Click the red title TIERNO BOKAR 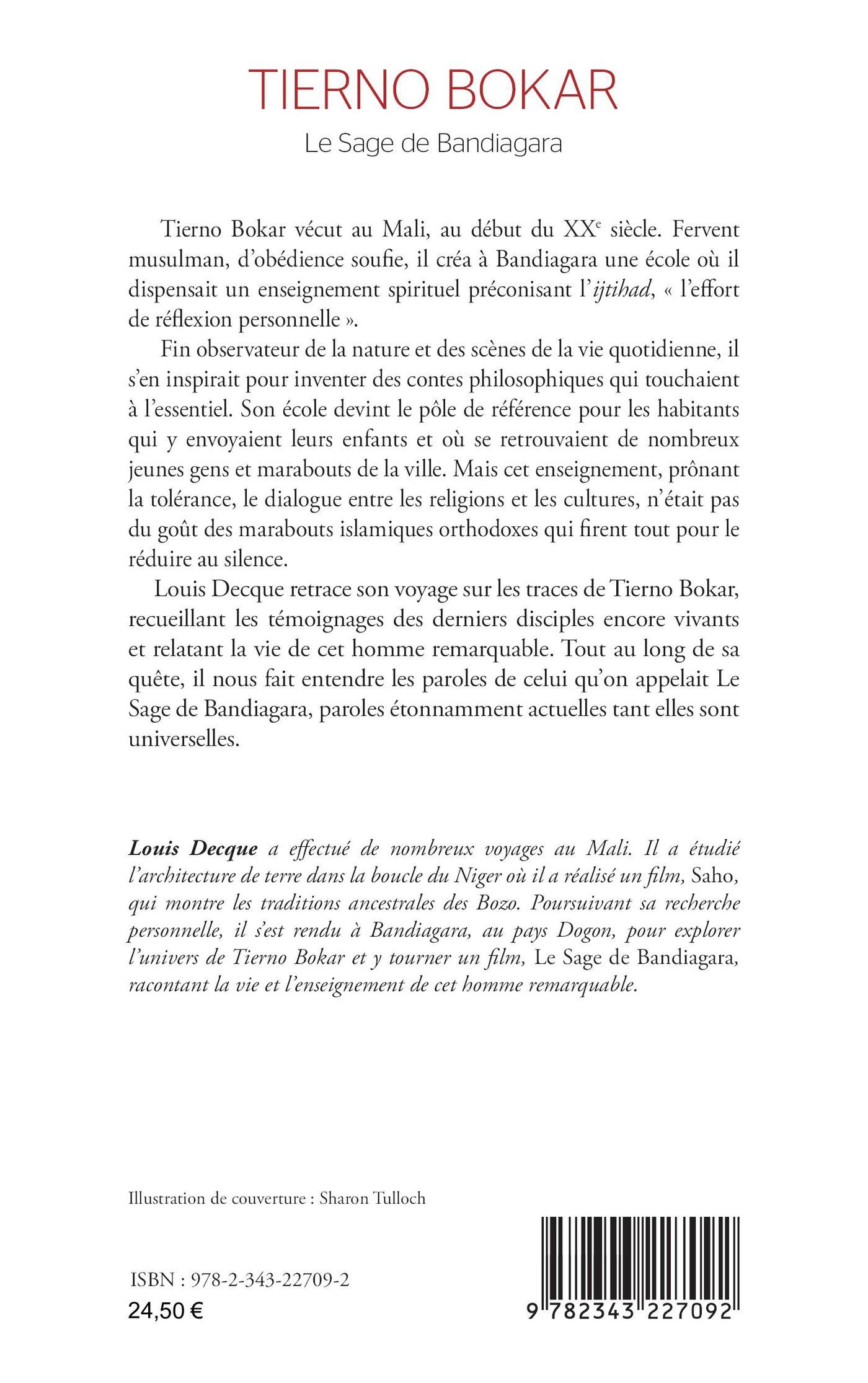click(433, 91)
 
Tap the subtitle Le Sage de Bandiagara click(433, 144)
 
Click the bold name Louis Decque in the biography click(192, 849)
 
